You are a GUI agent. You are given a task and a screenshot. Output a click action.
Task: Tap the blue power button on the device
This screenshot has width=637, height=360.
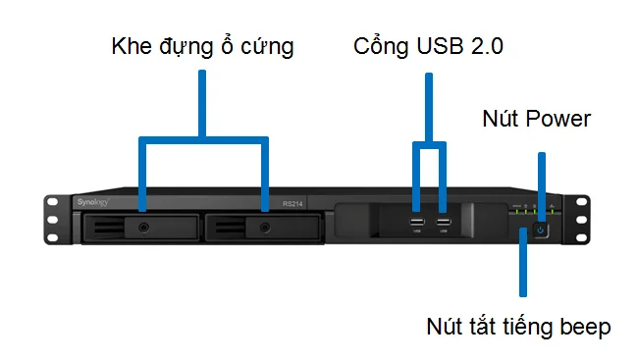539,231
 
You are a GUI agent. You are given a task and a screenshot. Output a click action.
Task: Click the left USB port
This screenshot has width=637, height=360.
417,224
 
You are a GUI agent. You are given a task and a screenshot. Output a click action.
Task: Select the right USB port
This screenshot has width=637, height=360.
444,224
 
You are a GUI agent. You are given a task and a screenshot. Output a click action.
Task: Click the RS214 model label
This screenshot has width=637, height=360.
293,204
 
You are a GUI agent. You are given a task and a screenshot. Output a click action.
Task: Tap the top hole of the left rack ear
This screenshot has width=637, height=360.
53,205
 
